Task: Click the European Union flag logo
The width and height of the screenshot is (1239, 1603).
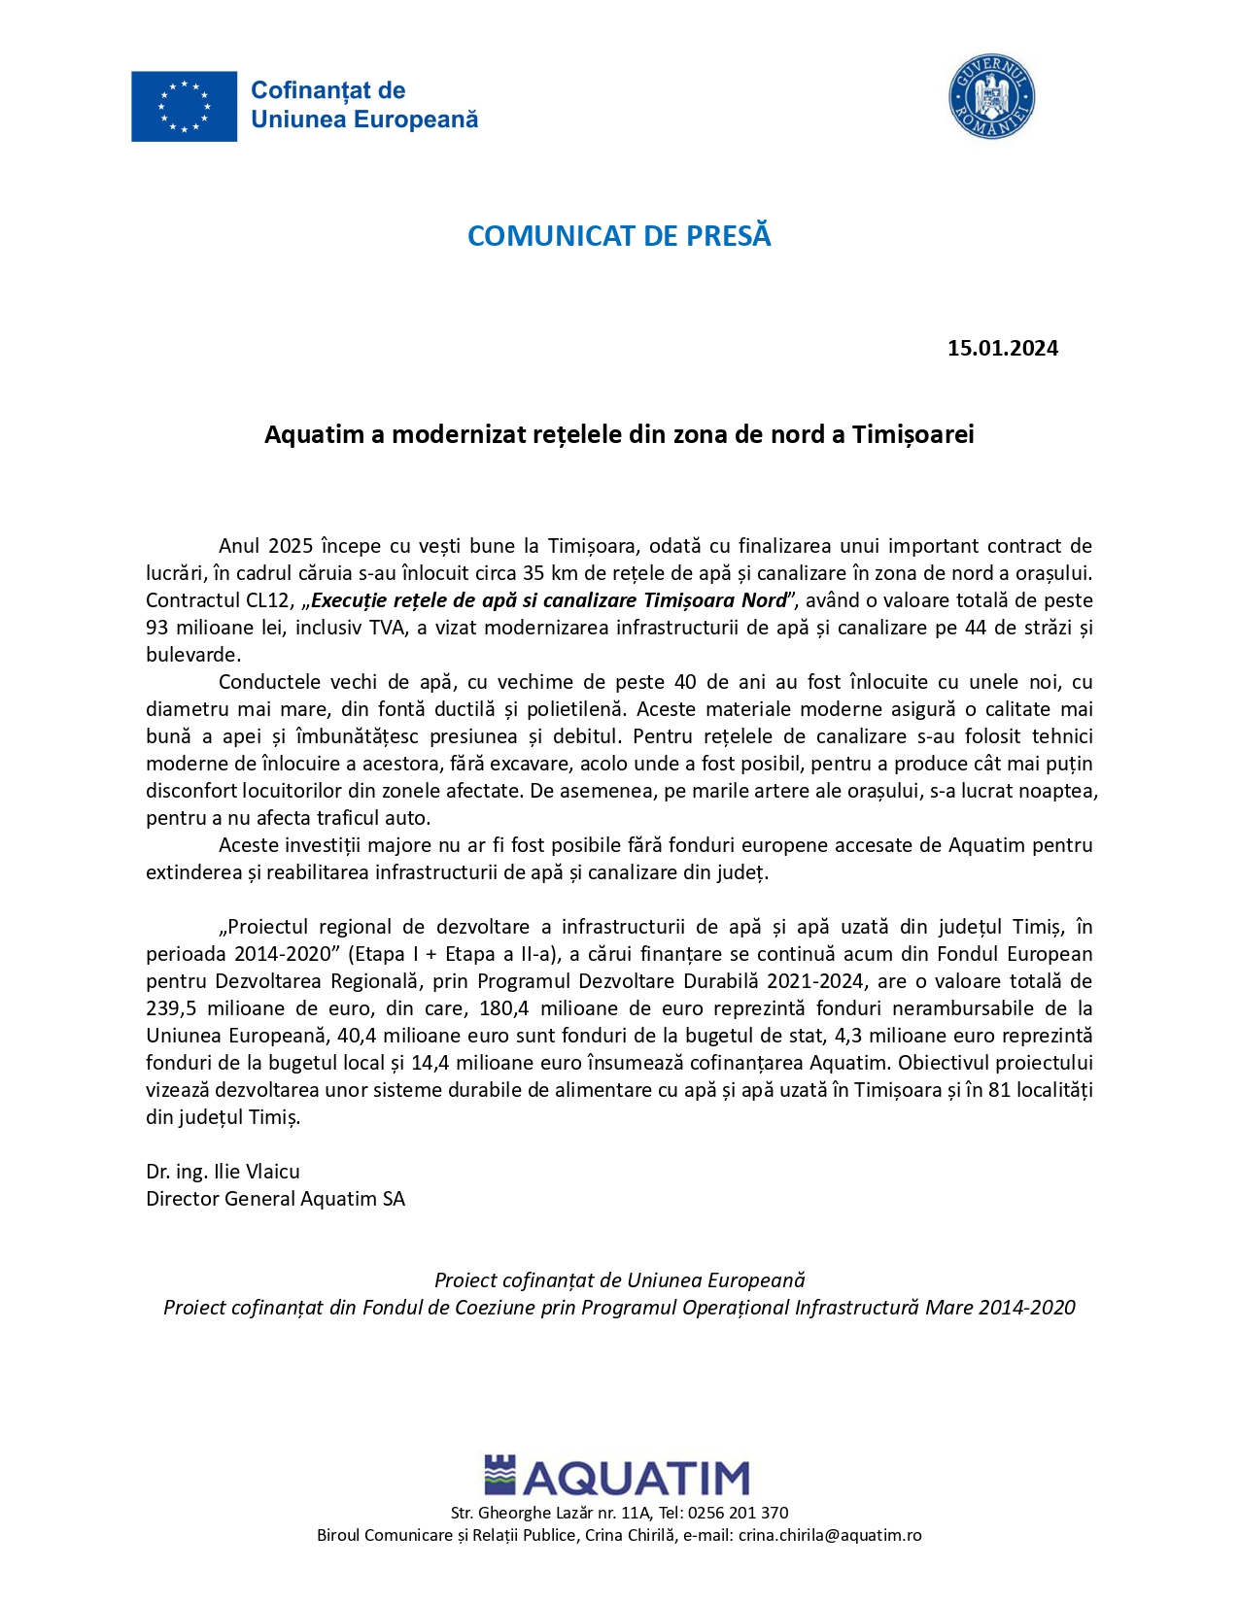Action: coord(184,106)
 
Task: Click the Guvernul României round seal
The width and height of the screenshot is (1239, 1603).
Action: coord(991,96)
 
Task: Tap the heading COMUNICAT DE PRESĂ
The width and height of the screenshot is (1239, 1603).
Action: coord(619,236)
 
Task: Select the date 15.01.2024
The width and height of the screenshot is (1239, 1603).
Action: coord(1002,348)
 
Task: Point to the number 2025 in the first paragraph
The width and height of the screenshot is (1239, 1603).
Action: coord(291,546)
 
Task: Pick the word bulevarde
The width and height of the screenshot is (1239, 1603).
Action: coord(191,655)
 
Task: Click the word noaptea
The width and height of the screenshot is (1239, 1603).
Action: coord(1060,791)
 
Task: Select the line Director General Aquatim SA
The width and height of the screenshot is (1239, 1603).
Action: coord(275,1199)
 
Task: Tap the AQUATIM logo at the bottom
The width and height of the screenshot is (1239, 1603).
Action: coord(617,1477)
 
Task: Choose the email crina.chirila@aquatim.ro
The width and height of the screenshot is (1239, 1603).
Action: coord(830,1535)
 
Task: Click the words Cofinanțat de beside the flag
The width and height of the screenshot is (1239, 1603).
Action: coord(327,90)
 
